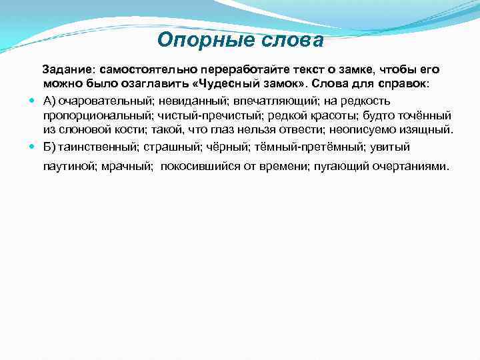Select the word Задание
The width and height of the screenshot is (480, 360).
coord(69,70)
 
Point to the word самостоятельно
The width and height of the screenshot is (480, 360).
coord(141,70)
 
